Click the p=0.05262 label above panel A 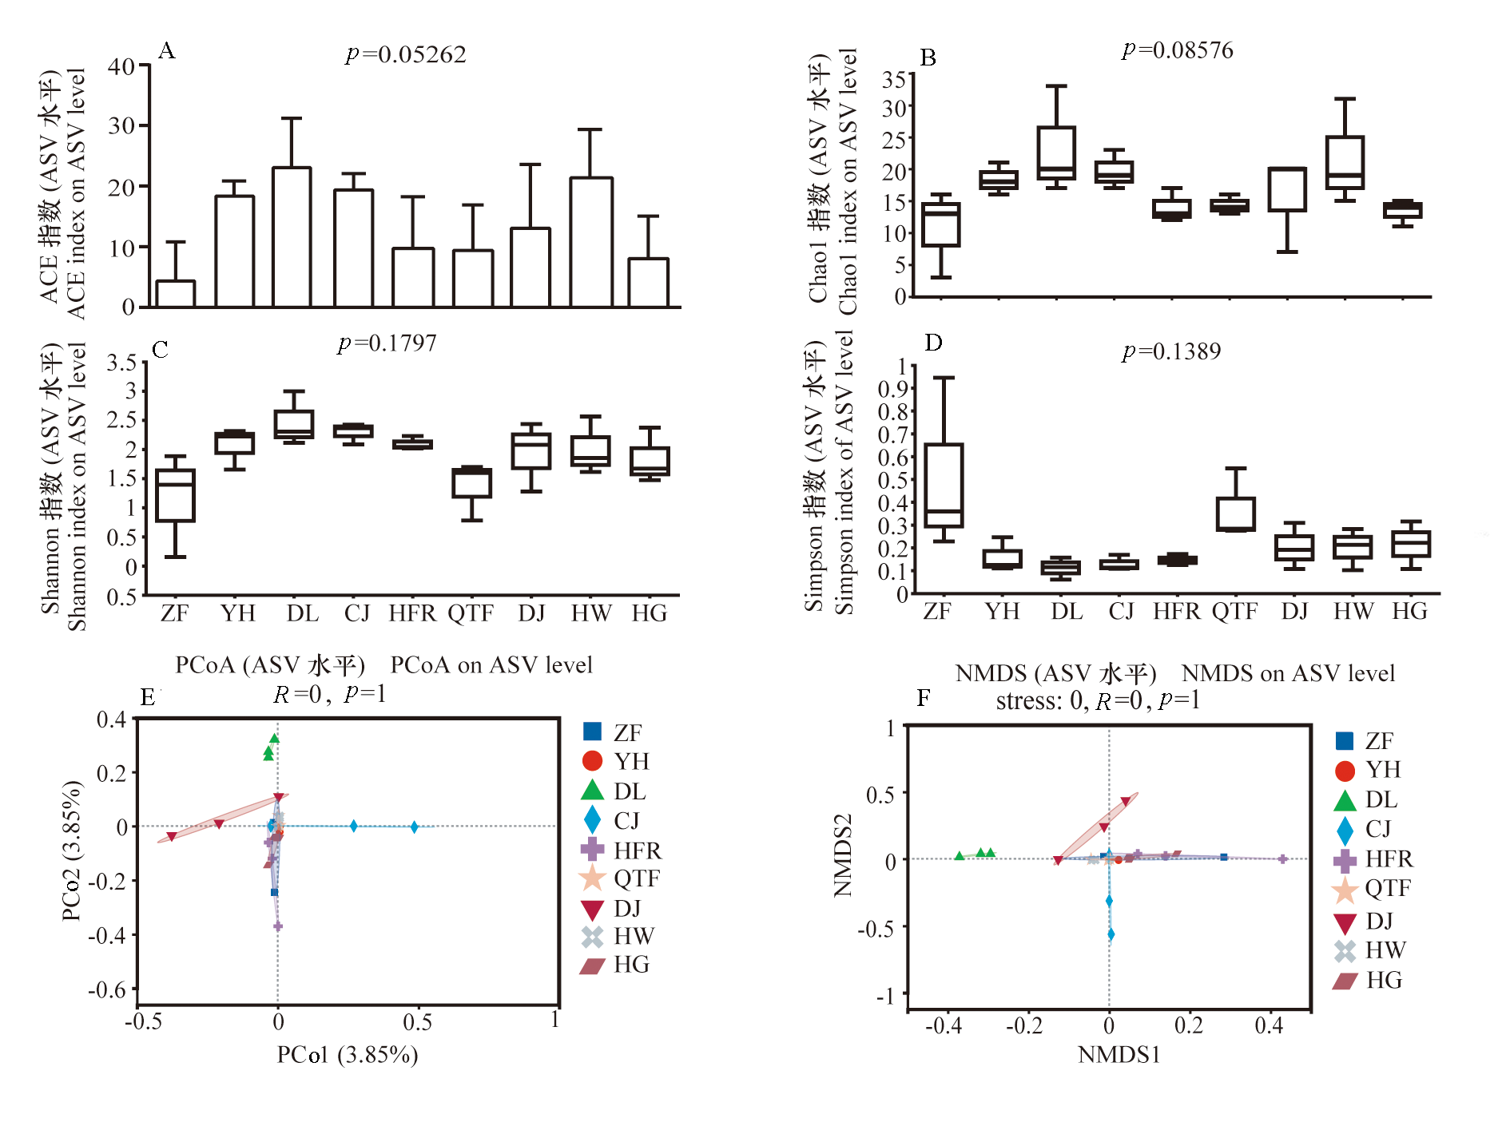pyautogui.click(x=406, y=54)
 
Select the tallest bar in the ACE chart pyautogui.click(x=292, y=236)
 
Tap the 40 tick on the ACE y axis pyautogui.click(x=121, y=65)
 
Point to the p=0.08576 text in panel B pyautogui.click(x=1178, y=50)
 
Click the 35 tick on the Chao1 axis pyautogui.click(x=894, y=79)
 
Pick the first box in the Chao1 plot pyautogui.click(x=941, y=224)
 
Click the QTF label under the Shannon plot pyautogui.click(x=471, y=613)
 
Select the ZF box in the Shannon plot pyautogui.click(x=175, y=496)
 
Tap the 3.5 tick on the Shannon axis pyautogui.click(x=121, y=363)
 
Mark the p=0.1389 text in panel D pyautogui.click(x=1171, y=351)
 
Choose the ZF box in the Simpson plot pyautogui.click(x=944, y=485)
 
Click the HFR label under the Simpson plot pyautogui.click(x=1176, y=611)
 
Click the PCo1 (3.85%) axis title pyautogui.click(x=348, y=1055)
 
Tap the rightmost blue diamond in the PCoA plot pyautogui.click(x=415, y=827)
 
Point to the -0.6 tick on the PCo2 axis pyautogui.click(x=107, y=990)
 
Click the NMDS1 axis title pyautogui.click(x=1119, y=1055)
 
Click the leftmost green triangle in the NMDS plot pyautogui.click(x=960, y=856)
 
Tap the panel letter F pyautogui.click(x=924, y=698)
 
